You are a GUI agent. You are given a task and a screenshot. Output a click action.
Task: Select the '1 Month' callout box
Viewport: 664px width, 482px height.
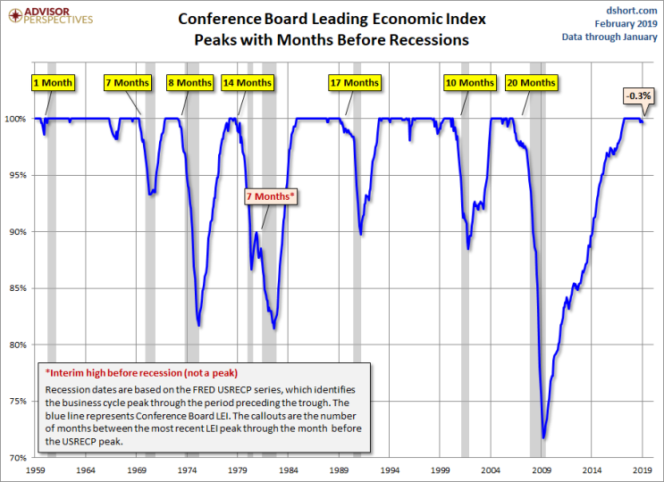(x=53, y=83)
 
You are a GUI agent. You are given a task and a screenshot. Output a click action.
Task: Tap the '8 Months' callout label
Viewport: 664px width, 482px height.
(x=189, y=83)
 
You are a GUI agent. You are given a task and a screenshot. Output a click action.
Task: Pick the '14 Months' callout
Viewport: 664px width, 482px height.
(x=248, y=83)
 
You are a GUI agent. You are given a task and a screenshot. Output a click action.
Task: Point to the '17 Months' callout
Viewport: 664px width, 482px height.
(x=355, y=83)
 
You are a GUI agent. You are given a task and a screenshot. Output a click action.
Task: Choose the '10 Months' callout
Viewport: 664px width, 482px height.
(x=469, y=83)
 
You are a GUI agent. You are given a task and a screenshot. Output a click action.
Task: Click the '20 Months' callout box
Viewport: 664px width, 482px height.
(x=531, y=83)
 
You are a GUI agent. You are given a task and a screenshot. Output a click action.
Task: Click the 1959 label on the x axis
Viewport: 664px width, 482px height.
(x=36, y=469)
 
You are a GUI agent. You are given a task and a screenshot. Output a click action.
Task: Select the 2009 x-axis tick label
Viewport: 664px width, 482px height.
(x=542, y=469)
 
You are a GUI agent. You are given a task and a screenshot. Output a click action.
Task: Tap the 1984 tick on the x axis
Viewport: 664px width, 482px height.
(x=289, y=469)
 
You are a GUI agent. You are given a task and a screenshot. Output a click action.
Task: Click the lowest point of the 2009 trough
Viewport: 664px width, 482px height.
(x=543, y=437)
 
